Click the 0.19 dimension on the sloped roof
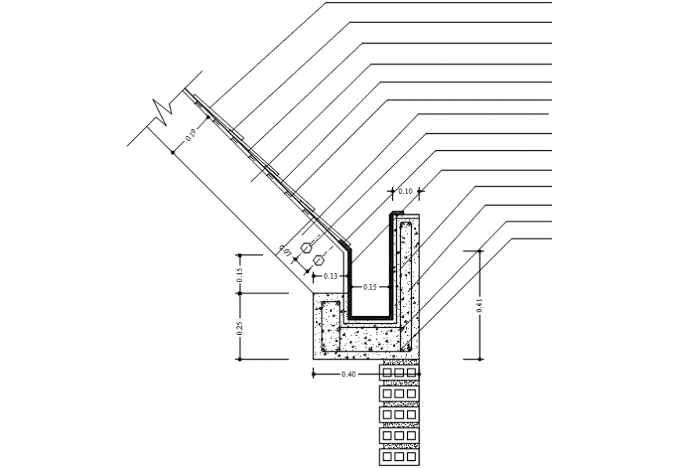pyautogui.click(x=190, y=133)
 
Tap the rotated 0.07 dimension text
pyautogui.click(x=286, y=252)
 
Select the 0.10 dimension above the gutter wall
pyautogui.click(x=405, y=191)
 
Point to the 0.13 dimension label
pyautogui.click(x=330, y=276)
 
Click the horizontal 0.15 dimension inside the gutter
pyautogui.click(x=369, y=287)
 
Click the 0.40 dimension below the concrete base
pyautogui.click(x=349, y=374)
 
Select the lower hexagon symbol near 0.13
pyautogui.click(x=319, y=259)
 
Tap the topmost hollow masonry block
pyautogui.click(x=399, y=372)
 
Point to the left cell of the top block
pyautogui.click(x=387, y=372)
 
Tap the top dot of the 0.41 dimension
pyautogui.click(x=480, y=251)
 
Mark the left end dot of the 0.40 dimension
pyautogui.click(x=313, y=374)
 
